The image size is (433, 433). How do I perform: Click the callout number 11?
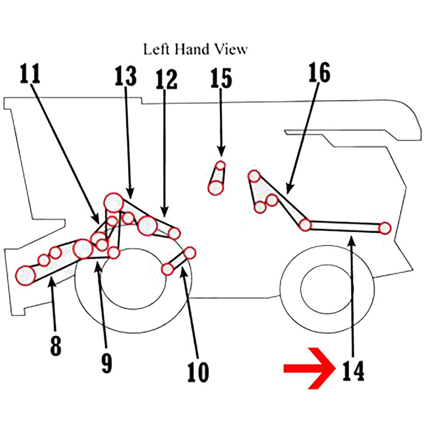(x=30, y=74)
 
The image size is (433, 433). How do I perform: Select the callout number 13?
(x=126, y=75)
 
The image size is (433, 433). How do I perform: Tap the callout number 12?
(x=166, y=79)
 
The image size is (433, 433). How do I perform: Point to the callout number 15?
(x=221, y=78)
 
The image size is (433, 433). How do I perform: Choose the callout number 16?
(x=319, y=72)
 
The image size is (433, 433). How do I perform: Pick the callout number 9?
(x=107, y=363)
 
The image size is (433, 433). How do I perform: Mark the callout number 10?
(x=198, y=372)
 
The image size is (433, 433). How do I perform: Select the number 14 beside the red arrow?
(x=353, y=371)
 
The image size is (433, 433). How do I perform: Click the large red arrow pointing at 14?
(x=310, y=369)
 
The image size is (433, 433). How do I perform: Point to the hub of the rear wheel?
(x=327, y=289)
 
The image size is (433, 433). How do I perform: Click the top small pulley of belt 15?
(x=220, y=166)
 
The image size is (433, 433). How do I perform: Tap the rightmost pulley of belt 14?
(x=385, y=228)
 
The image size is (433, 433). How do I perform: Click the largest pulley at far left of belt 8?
(x=25, y=275)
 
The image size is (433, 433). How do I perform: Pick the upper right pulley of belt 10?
(x=190, y=253)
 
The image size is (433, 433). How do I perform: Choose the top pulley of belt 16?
(x=254, y=176)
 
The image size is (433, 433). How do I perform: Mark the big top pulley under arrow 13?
(x=113, y=202)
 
